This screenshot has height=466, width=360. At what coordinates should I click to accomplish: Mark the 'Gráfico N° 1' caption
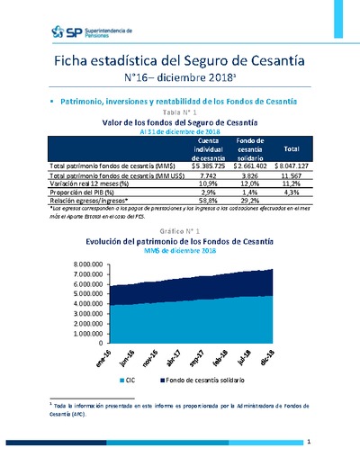click(180, 232)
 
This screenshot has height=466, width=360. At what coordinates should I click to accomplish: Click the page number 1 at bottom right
click(309, 443)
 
